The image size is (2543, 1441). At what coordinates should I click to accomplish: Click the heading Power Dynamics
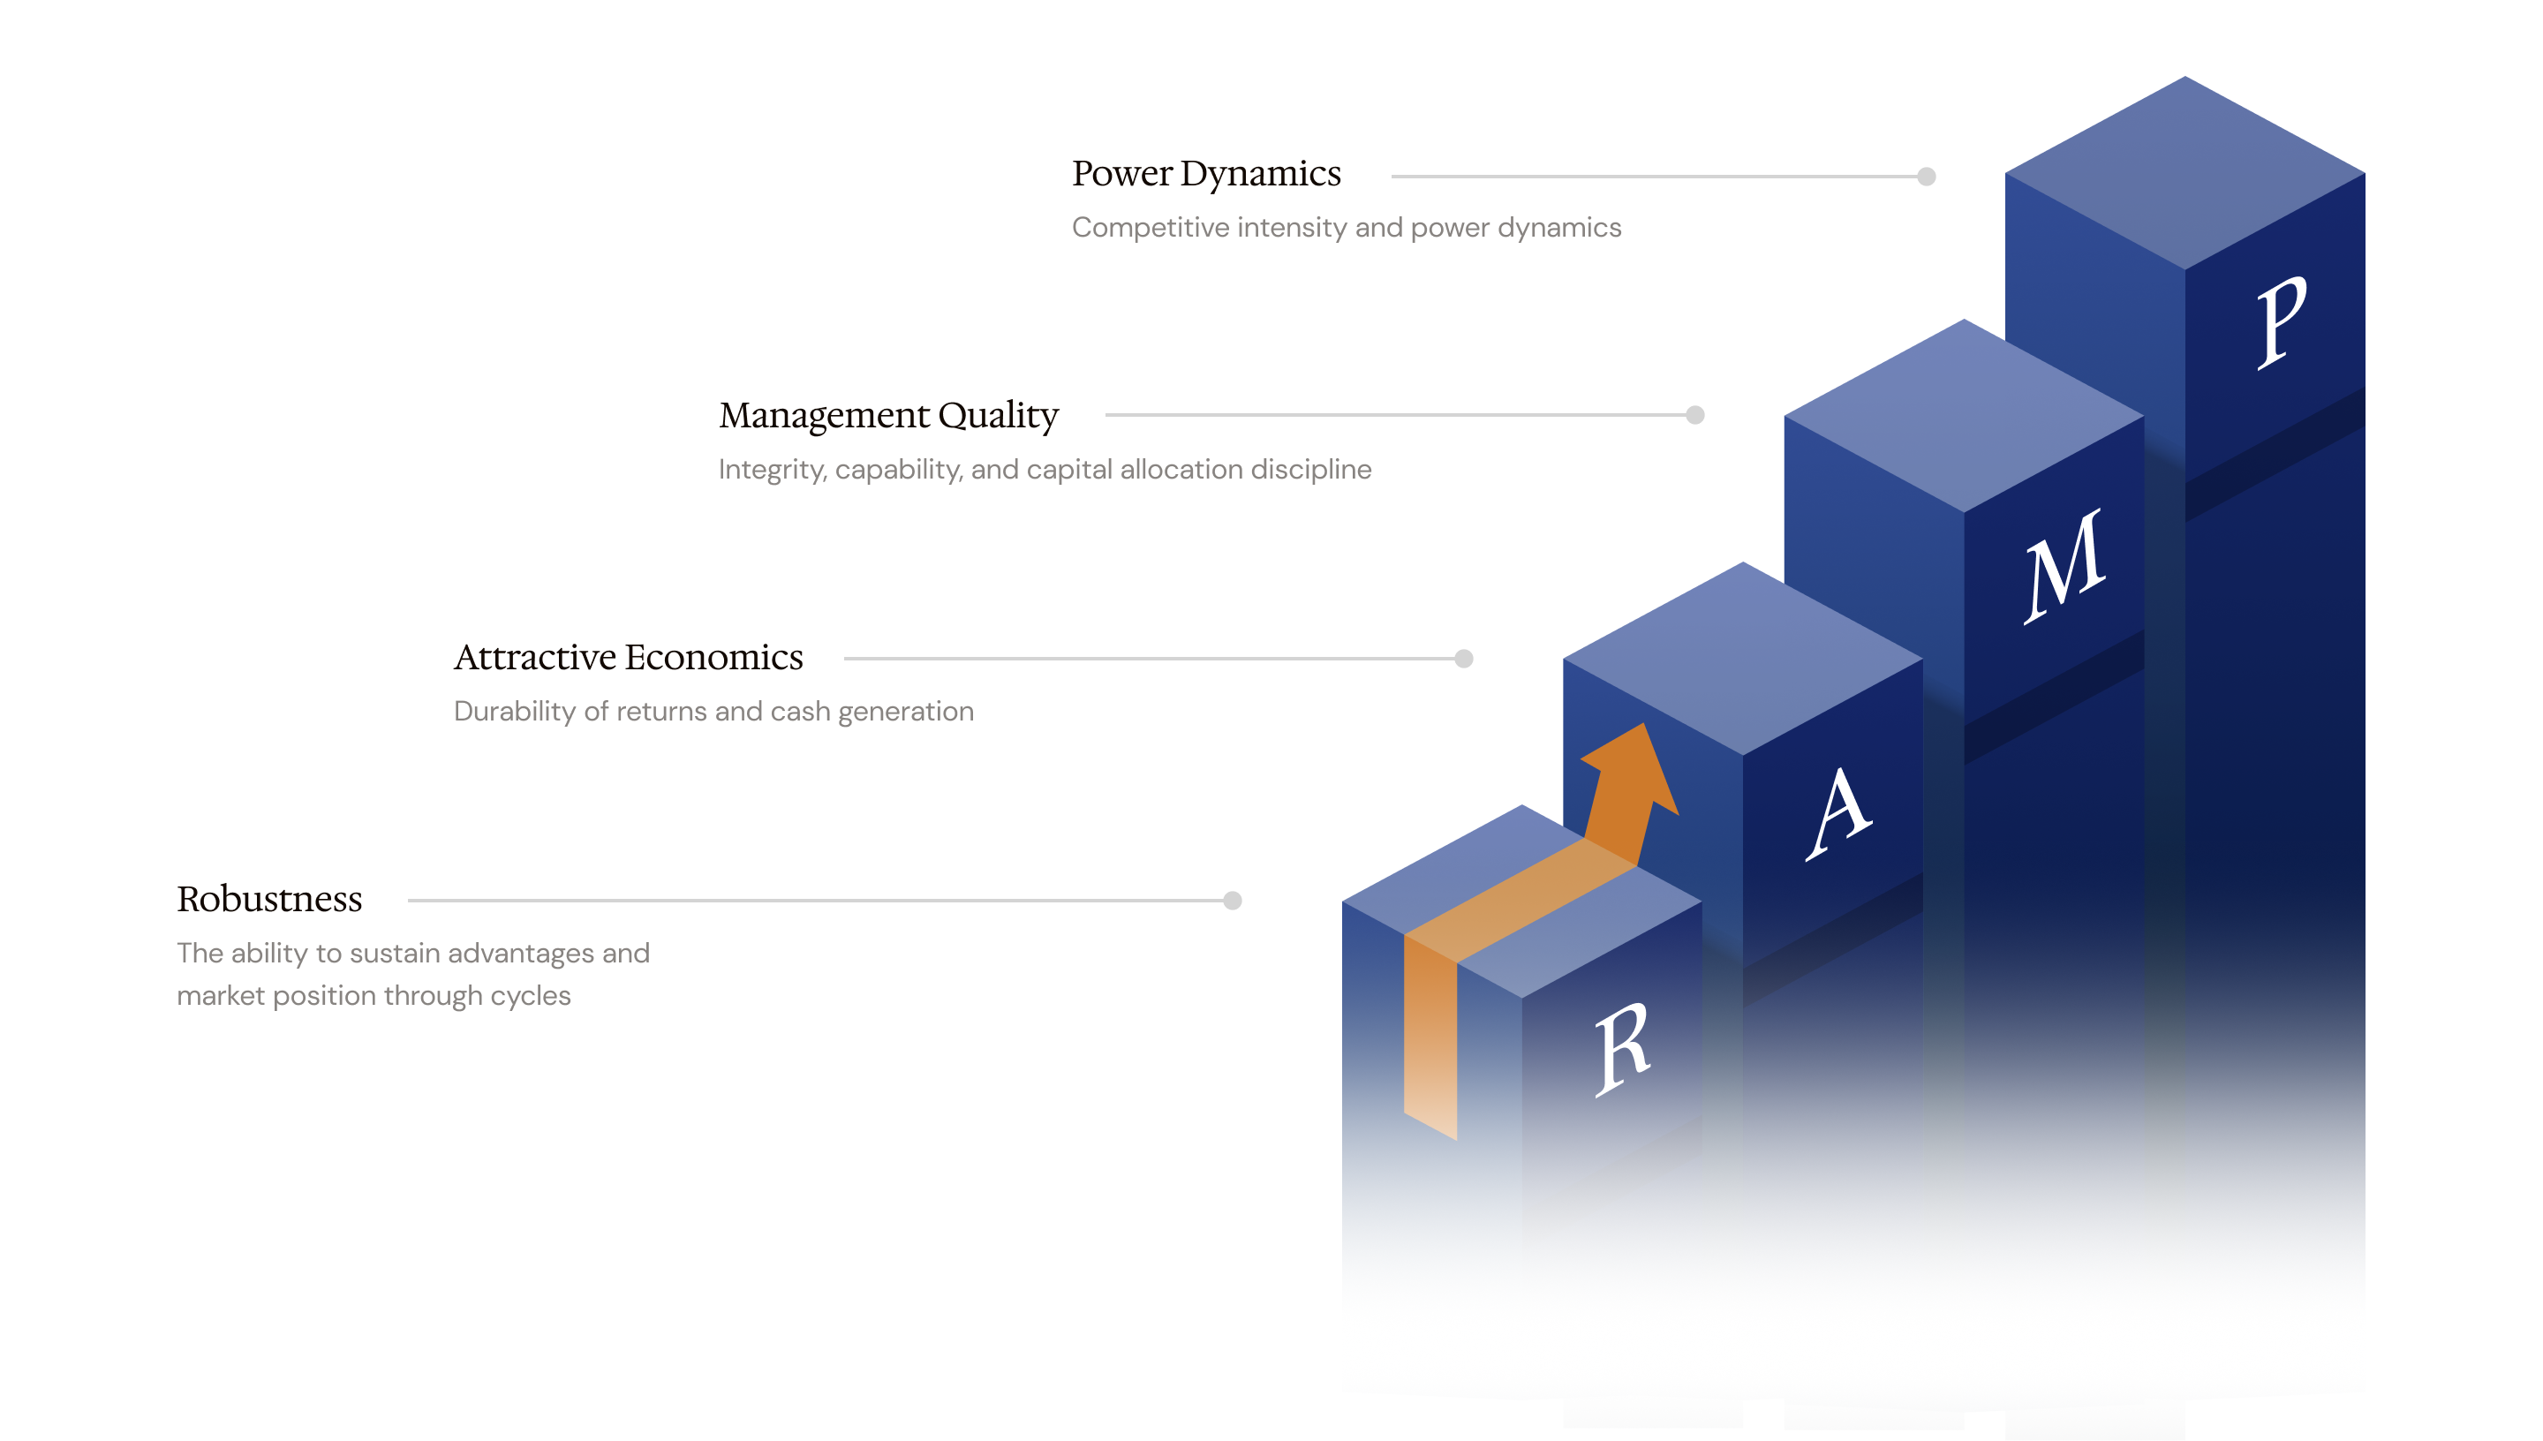[x=1205, y=174]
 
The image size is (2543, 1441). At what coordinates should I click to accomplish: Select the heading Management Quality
[x=887, y=416]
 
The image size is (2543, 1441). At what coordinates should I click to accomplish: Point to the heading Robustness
[x=269, y=899]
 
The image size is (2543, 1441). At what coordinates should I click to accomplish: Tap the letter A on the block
[x=1837, y=813]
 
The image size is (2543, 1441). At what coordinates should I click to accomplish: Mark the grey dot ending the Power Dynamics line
[x=1926, y=177]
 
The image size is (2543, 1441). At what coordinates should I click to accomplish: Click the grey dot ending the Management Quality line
[x=1694, y=415]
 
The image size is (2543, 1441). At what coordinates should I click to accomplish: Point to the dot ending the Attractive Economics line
[x=1463, y=658]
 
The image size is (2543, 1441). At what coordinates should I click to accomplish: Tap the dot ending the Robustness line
[x=1232, y=900]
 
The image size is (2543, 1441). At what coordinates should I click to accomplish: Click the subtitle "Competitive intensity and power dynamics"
[x=1346, y=228]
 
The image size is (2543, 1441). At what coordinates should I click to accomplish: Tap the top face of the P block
[x=2184, y=173]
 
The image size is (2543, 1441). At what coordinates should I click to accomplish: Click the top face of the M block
[x=1963, y=416]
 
